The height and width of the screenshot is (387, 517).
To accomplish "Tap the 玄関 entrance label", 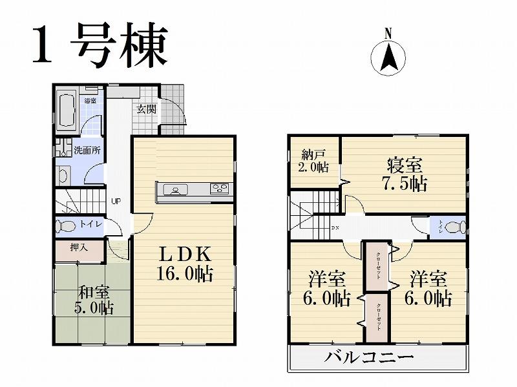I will [146, 109].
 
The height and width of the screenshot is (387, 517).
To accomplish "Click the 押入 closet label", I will [79, 247].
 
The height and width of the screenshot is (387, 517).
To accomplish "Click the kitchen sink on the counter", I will [175, 189].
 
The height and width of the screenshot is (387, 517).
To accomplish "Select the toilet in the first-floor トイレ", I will [66, 226].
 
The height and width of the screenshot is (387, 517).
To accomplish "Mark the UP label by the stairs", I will [116, 200].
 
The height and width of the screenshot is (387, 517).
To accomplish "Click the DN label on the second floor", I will [335, 228].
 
